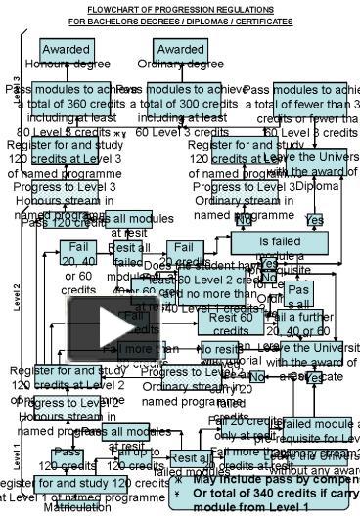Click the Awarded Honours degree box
[x=67, y=56]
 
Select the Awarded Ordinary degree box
[x=180, y=56]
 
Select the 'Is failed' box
[x=281, y=242]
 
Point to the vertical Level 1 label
[x=17, y=454]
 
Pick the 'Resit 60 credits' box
[x=230, y=317]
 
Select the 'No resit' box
[x=220, y=350]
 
